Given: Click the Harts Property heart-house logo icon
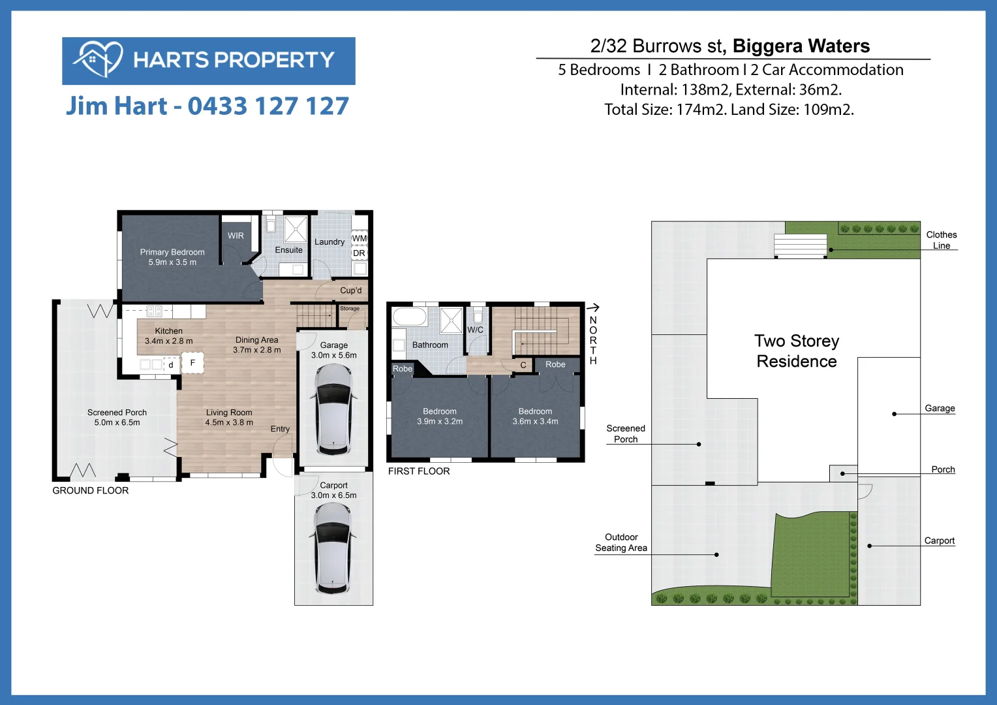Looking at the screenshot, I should point(98,59).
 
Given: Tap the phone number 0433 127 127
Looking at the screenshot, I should point(268,106).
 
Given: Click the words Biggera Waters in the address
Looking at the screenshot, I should point(801,46).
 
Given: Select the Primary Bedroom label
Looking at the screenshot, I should point(172,257).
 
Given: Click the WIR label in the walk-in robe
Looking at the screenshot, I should point(236,236).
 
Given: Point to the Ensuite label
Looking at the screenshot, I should point(288,250).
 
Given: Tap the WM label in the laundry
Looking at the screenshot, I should point(360,238).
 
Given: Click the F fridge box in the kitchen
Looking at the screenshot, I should point(192,363).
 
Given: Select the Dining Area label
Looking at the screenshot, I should point(257,345).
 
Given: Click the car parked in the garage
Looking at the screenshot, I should point(333,409).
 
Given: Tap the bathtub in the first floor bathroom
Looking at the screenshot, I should point(409,317).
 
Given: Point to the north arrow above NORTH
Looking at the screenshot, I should point(592,307).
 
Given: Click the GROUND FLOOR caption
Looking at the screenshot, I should point(91,490).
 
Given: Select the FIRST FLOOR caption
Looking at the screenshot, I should point(419,471).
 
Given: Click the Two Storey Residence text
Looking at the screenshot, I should point(797,351).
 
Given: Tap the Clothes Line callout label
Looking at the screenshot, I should point(941,240).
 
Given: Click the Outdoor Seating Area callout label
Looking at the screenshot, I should point(621,542).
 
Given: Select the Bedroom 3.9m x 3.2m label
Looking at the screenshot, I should point(440,416).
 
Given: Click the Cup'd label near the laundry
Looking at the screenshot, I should point(350,290).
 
